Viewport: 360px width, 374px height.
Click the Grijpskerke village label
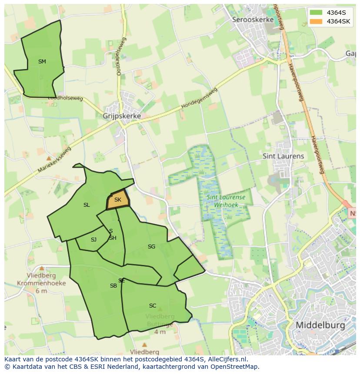click(x=122, y=116)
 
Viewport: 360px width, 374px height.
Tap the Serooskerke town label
click(x=253, y=20)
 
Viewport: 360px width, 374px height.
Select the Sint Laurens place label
click(x=283, y=156)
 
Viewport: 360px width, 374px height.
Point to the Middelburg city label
click(x=320, y=325)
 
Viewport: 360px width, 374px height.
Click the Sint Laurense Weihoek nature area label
click(x=225, y=201)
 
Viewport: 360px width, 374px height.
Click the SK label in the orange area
click(x=117, y=200)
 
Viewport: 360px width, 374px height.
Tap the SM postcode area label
click(x=42, y=62)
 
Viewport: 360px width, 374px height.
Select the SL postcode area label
click(x=87, y=205)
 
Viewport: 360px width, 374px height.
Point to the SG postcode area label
click(x=151, y=247)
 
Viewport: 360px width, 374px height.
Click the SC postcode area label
click(x=152, y=306)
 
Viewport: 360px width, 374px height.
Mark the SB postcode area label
click(x=113, y=286)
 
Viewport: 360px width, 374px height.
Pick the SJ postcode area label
click(x=93, y=240)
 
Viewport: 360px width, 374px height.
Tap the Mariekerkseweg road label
click(x=54, y=159)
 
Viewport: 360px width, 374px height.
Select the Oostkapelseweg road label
click(x=121, y=56)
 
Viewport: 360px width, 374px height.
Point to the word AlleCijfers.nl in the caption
click(x=227, y=359)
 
